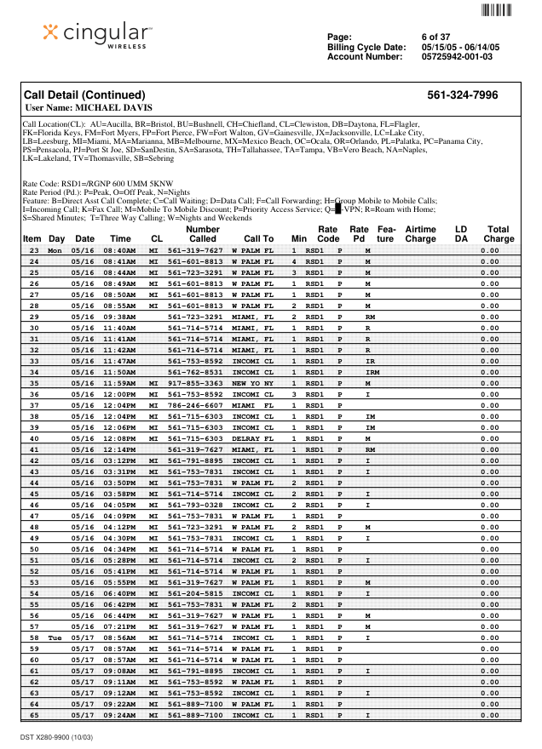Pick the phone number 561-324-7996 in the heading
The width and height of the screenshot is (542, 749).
(462, 95)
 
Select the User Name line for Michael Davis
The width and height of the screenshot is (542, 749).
(89, 108)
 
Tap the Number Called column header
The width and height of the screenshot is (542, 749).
(202, 234)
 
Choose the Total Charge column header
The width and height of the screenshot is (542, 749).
(498, 234)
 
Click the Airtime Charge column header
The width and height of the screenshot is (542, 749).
(420, 234)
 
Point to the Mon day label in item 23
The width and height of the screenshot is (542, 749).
(55, 251)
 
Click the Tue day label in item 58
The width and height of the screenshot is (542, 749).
(55, 638)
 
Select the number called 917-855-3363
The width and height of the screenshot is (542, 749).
(194, 384)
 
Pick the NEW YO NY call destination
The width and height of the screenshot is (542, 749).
(252, 384)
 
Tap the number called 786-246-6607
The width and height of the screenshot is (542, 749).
(194, 406)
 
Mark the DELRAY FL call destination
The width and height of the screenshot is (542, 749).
(252, 438)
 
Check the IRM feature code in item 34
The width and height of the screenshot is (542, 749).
(372, 372)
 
